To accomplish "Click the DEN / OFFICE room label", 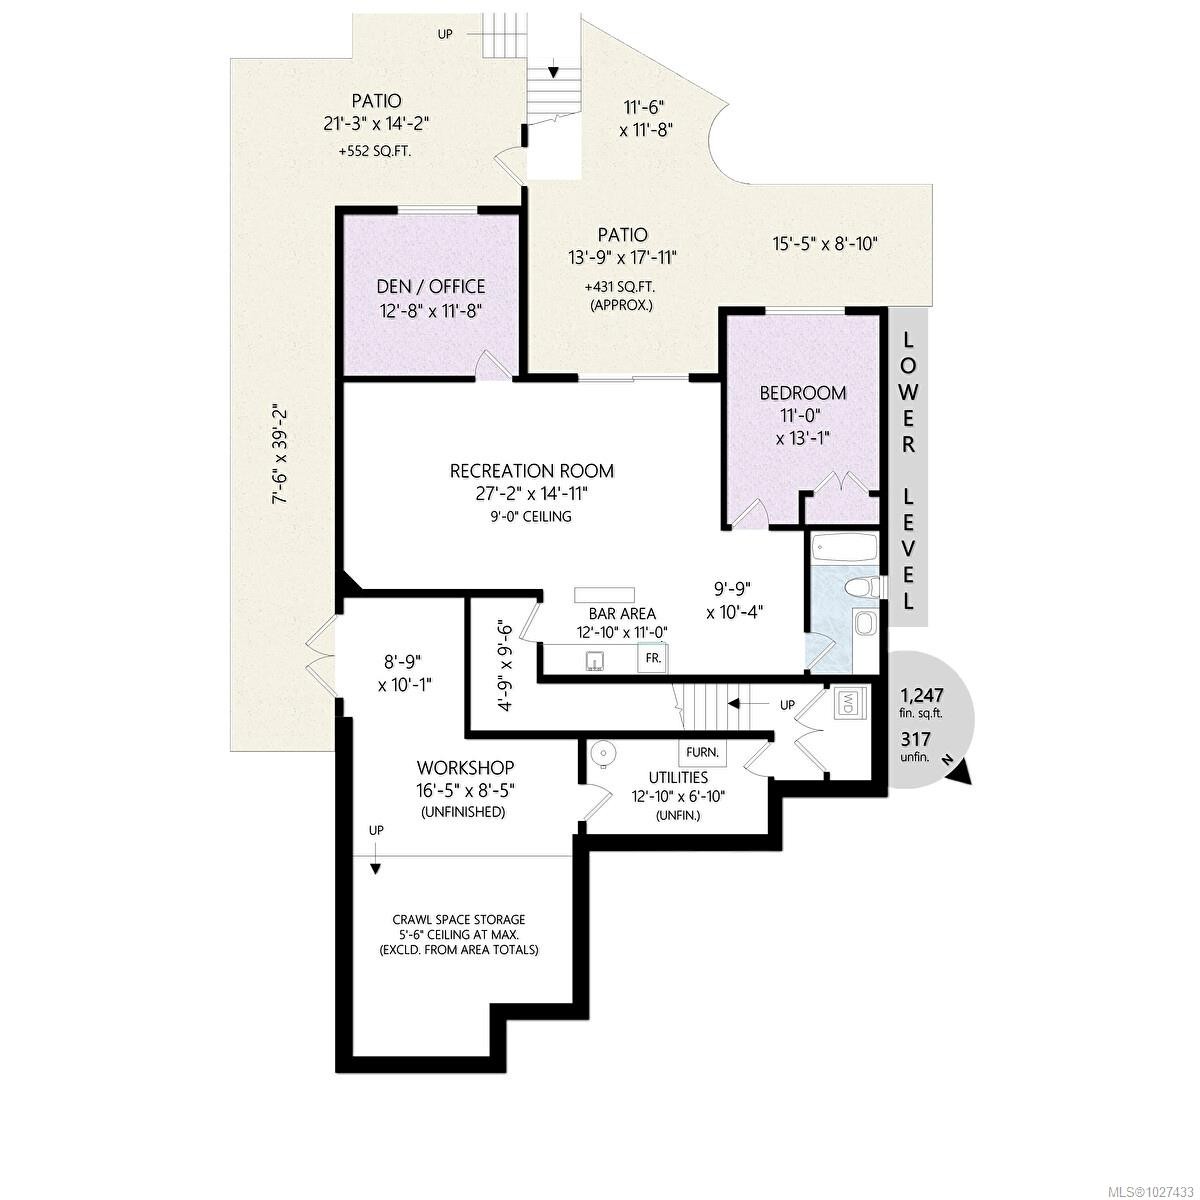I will tap(432, 287).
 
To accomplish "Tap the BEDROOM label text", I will tap(802, 393).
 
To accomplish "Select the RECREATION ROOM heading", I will tap(531, 471).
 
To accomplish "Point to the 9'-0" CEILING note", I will tap(531, 516).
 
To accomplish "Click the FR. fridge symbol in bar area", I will tap(653, 659).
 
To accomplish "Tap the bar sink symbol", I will tap(596, 660).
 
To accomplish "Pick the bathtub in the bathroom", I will tap(844, 548).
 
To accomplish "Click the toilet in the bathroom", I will tap(860, 587).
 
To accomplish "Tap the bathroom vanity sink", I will tap(865, 626).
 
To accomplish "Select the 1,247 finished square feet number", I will tap(922, 695).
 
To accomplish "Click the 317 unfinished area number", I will tap(916, 739).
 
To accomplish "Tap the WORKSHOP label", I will tap(465, 767).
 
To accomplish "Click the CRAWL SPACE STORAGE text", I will tap(458, 919).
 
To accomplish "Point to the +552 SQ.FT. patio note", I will tap(375, 152).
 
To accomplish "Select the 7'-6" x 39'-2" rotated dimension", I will tap(281, 453).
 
